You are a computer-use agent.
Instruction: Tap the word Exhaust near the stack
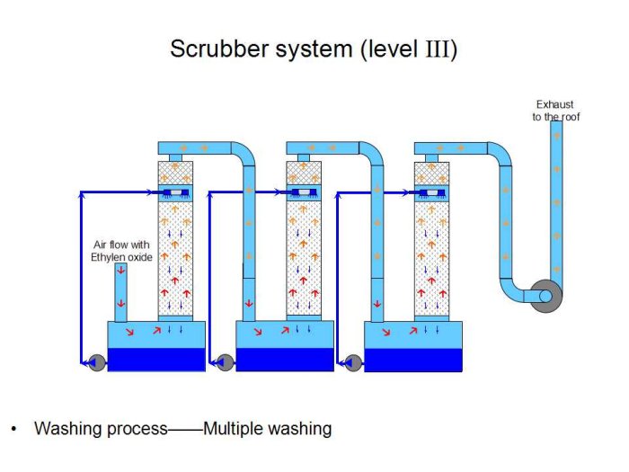pos(554,104)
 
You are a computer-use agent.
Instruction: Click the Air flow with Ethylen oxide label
pos(123,251)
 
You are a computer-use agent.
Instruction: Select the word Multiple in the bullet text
pos(236,429)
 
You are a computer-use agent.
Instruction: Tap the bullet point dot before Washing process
pos(13,429)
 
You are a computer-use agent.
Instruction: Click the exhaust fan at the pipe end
pos(542,297)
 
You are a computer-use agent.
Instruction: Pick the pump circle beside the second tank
pos(225,362)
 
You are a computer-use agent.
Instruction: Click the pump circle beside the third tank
pos(353,362)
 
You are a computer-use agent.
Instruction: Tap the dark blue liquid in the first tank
pos(156,359)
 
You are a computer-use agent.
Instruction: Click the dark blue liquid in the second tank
pos(285,359)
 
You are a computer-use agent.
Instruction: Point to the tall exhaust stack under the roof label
pos(556,198)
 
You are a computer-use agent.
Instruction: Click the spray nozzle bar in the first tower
pos(176,193)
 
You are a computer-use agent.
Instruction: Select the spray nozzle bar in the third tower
pos(433,193)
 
